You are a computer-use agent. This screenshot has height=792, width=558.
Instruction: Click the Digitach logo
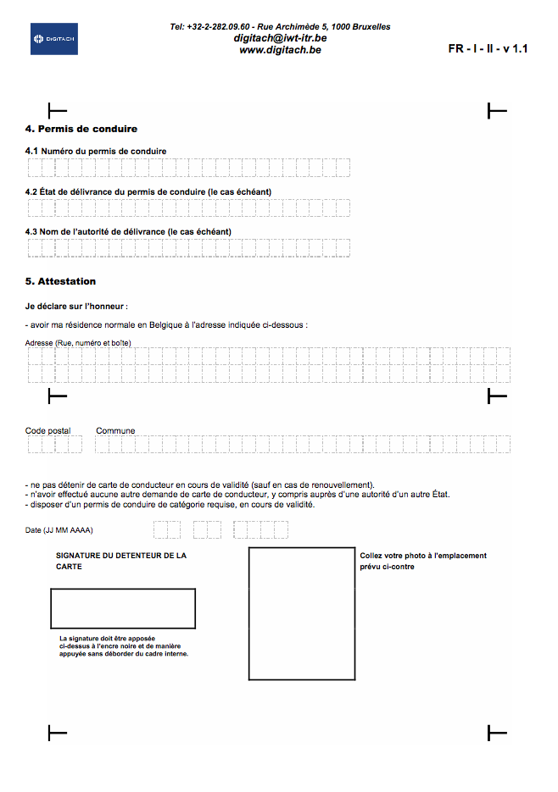click(x=53, y=39)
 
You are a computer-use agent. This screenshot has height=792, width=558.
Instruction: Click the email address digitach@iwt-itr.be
click(x=280, y=38)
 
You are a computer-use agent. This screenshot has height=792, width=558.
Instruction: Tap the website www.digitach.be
click(x=280, y=50)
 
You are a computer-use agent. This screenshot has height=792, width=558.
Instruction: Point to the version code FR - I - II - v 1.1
click(x=488, y=49)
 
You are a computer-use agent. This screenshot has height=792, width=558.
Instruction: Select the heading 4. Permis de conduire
click(x=81, y=130)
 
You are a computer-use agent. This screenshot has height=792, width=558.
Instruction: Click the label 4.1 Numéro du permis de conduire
click(x=96, y=151)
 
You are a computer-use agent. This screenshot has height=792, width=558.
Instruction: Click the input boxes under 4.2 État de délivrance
click(x=188, y=208)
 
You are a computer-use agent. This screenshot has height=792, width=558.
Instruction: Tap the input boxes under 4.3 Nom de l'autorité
click(x=188, y=247)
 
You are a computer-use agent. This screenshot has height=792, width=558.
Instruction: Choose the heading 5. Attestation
click(x=61, y=281)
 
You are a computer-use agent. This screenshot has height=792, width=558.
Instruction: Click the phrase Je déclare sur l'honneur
click(x=76, y=305)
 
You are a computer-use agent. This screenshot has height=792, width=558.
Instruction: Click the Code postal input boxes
click(x=54, y=444)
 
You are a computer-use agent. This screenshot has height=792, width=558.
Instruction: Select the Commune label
click(x=115, y=430)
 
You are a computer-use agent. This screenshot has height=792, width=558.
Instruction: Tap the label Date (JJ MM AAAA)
click(x=59, y=530)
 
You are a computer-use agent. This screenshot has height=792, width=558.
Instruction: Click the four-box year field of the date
click(x=261, y=530)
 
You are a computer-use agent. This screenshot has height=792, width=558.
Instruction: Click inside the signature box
click(x=123, y=608)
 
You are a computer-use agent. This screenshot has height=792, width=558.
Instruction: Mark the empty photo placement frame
click(x=301, y=614)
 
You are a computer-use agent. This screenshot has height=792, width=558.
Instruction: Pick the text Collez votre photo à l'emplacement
click(x=423, y=556)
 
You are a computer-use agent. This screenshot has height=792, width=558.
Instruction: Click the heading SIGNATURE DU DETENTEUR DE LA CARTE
click(x=120, y=560)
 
